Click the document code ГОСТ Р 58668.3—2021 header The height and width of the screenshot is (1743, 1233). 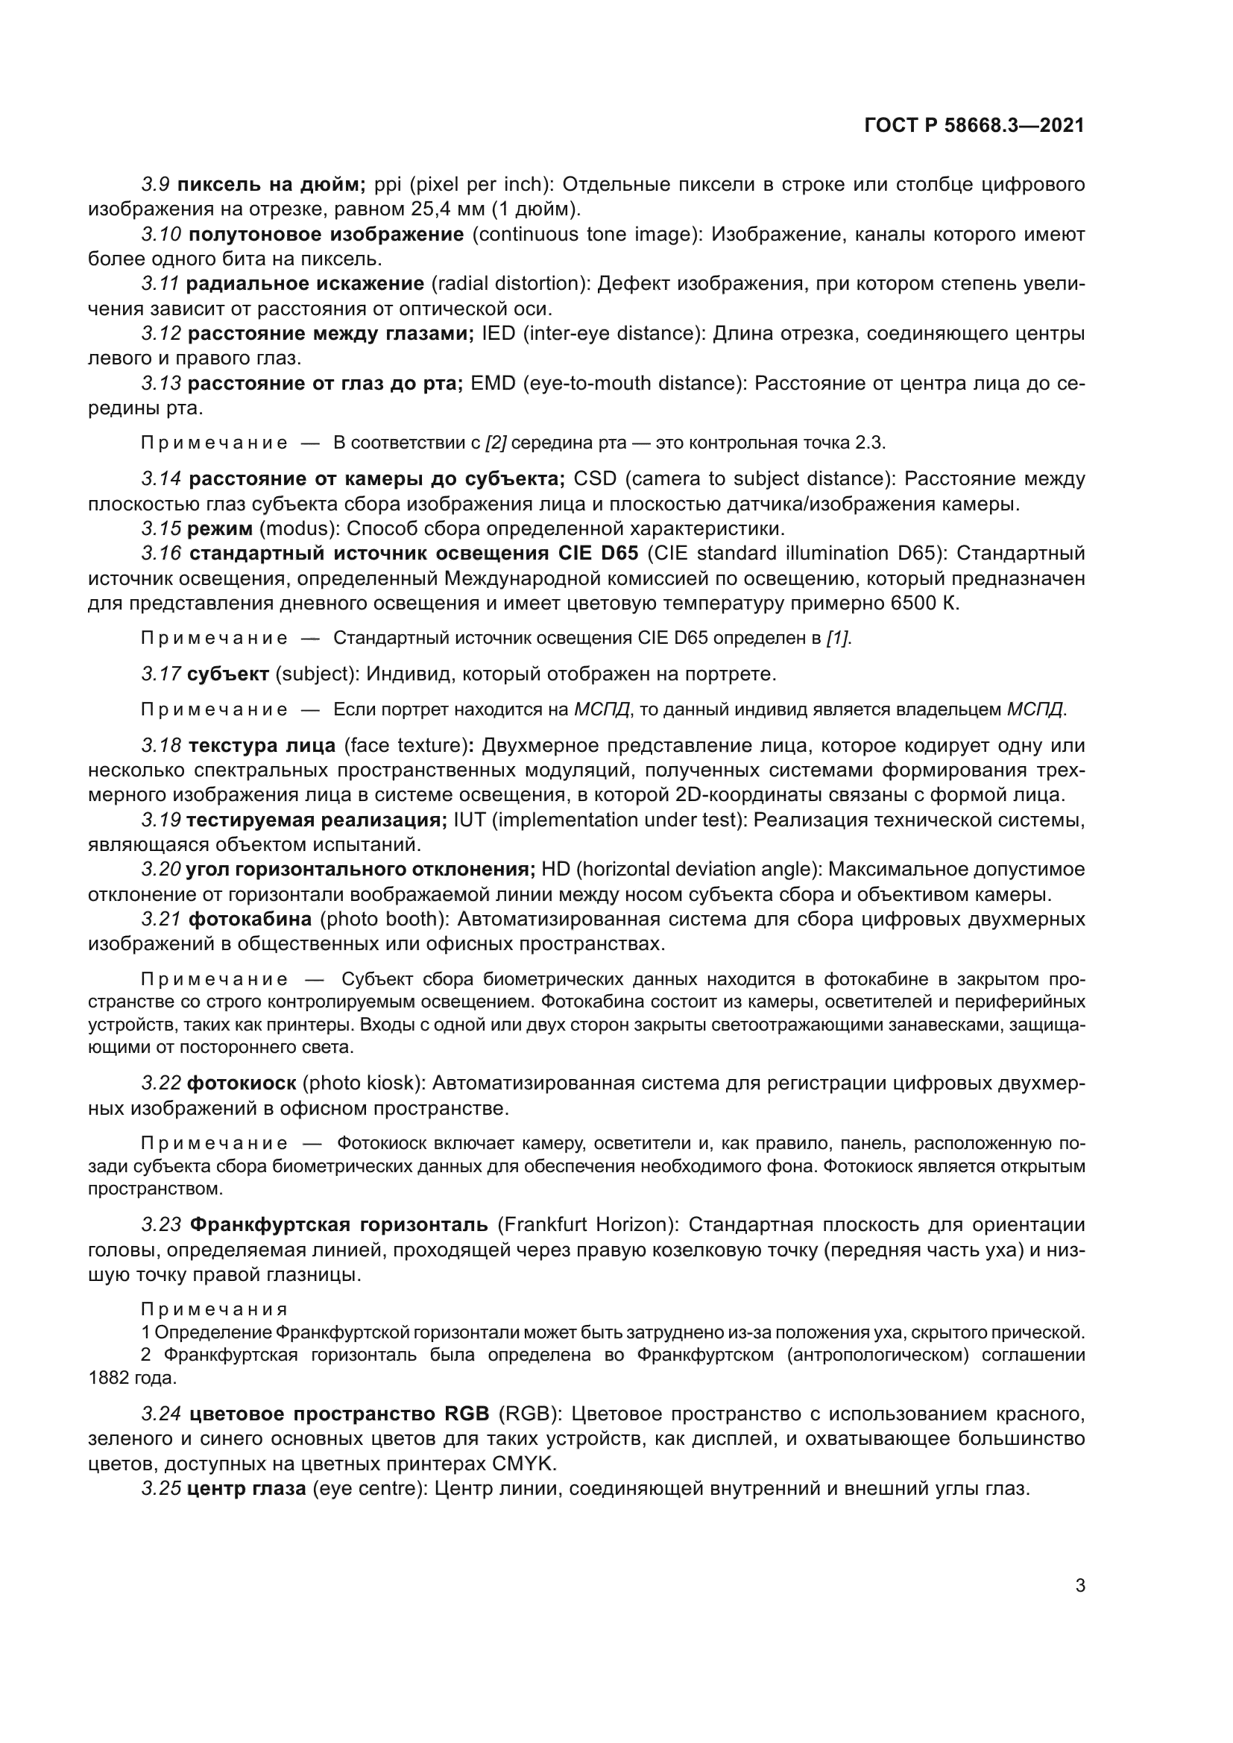(x=974, y=126)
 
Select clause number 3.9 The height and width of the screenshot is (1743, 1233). (x=155, y=185)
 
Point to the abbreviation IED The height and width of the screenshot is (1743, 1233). (x=498, y=334)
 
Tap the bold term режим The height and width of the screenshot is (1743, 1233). (x=219, y=528)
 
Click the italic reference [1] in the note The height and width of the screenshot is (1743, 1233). (x=837, y=639)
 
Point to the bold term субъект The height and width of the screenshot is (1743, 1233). (x=228, y=674)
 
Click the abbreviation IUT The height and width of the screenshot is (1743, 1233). (x=470, y=820)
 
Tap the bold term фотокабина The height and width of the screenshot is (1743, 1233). (x=250, y=920)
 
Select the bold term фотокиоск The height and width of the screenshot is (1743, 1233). (x=242, y=1083)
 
